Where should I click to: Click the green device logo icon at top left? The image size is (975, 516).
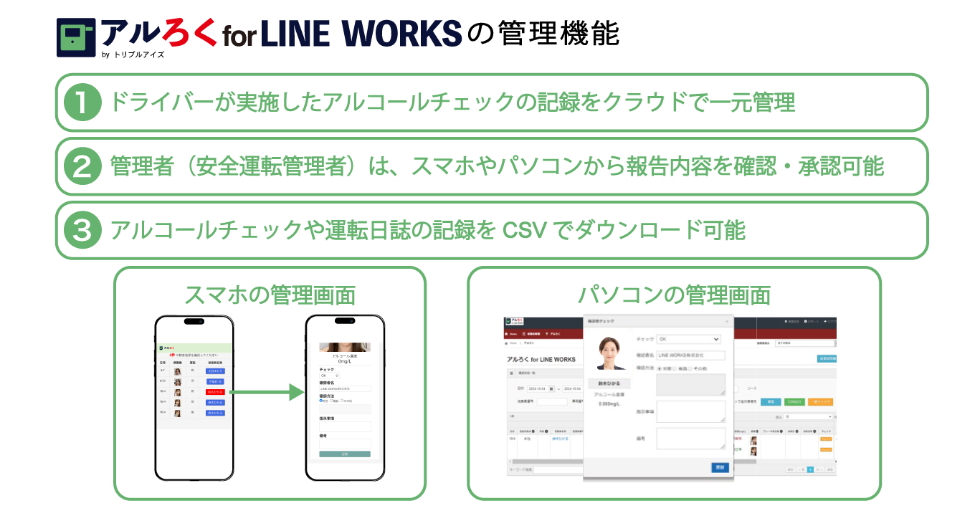[75, 37]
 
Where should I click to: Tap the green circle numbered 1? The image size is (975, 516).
[82, 102]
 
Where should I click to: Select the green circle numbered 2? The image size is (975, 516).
[82, 167]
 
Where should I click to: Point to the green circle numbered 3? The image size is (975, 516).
[82, 231]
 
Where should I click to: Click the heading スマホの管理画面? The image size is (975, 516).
[270, 295]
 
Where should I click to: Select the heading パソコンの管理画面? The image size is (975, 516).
[674, 295]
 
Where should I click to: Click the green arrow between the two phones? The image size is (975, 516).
[267, 392]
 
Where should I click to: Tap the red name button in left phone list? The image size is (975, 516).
[215, 392]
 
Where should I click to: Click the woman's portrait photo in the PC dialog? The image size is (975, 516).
[611, 353]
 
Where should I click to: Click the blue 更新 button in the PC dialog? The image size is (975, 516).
[720, 467]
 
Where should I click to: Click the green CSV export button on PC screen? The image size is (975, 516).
[794, 402]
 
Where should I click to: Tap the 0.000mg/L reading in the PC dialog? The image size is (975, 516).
[609, 403]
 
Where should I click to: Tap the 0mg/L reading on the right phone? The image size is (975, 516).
[345, 361]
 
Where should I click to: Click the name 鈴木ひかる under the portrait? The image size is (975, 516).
[609, 383]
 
